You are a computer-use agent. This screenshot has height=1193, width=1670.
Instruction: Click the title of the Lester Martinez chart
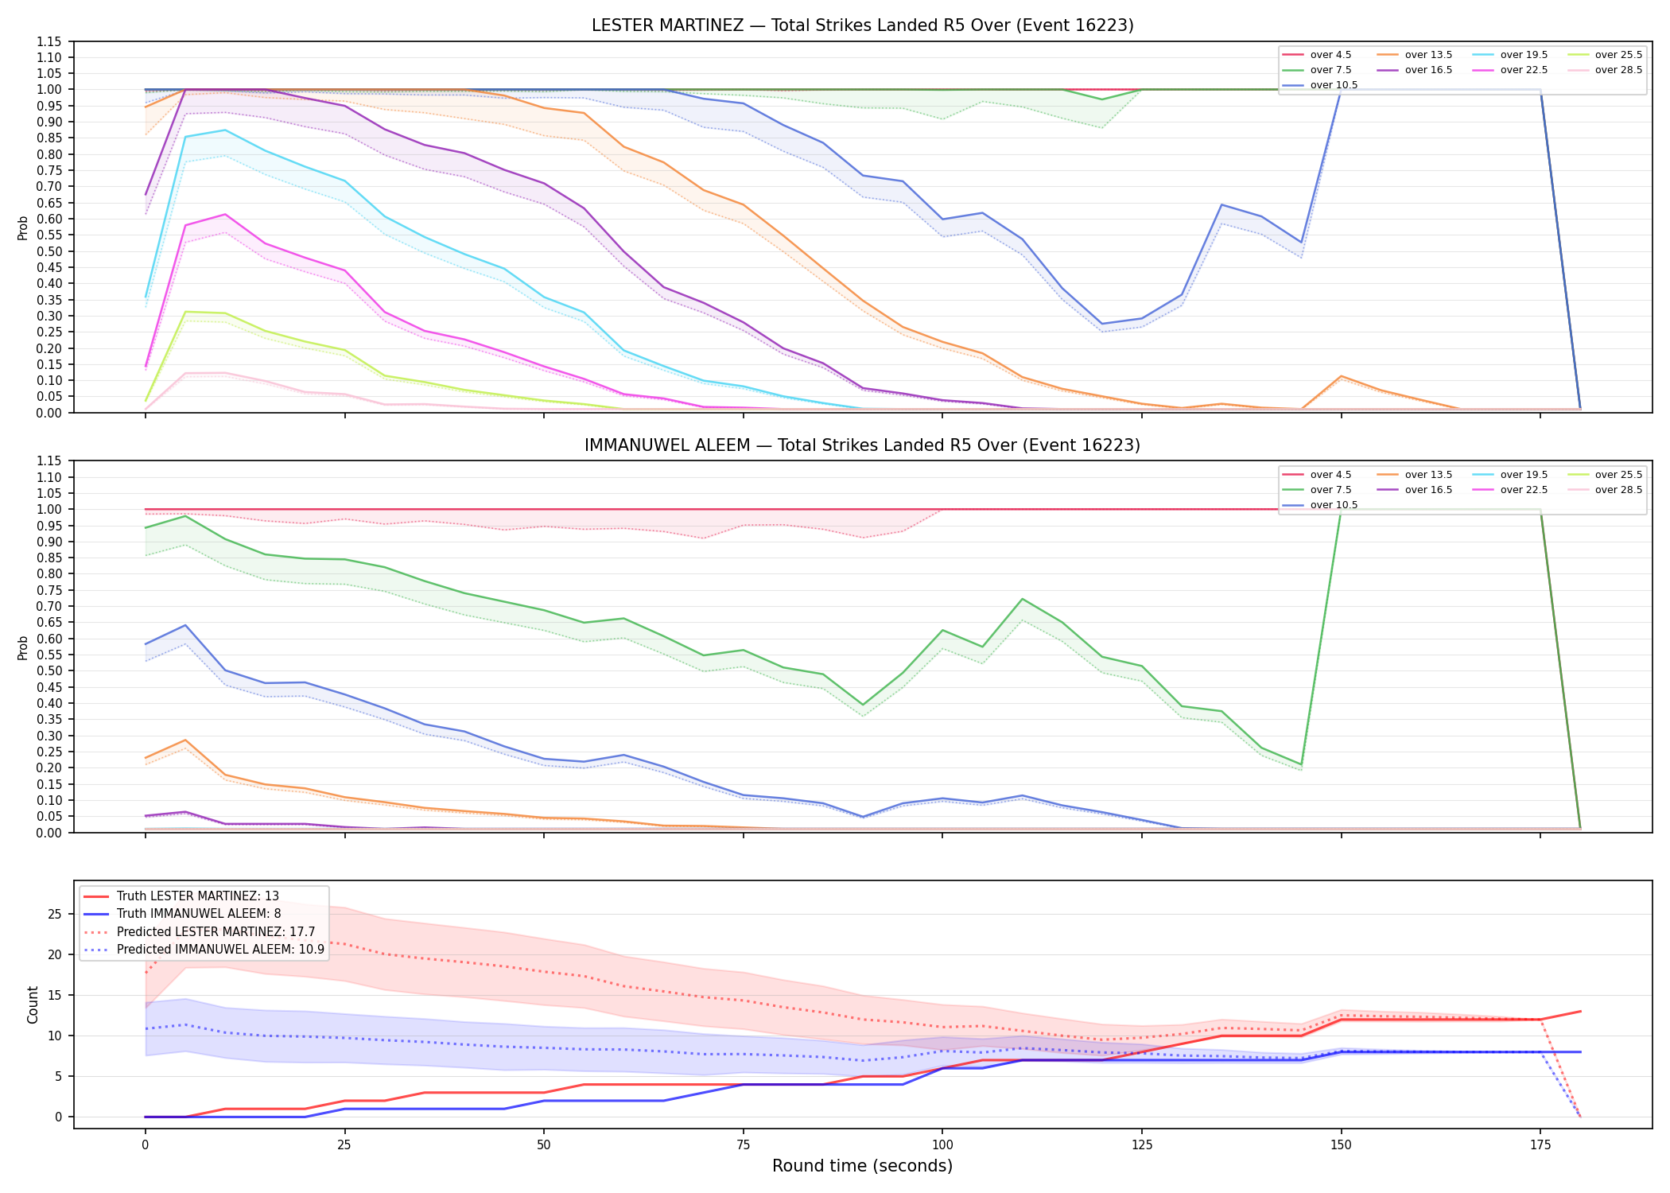coord(862,25)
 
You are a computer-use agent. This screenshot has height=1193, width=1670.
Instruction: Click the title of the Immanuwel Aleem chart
coord(862,445)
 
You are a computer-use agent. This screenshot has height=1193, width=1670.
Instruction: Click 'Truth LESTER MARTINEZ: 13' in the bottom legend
coord(181,896)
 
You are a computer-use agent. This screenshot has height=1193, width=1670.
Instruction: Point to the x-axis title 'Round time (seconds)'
coord(862,1166)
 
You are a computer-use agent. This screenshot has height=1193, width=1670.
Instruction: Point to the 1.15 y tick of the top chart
coord(49,41)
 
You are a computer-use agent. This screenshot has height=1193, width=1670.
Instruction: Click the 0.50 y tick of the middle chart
coord(49,671)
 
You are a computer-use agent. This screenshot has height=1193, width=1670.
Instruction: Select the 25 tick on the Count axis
coord(55,914)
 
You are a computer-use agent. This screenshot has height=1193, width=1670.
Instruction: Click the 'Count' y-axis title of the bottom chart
coord(33,1005)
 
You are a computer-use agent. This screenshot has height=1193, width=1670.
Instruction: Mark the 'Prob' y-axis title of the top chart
coord(23,227)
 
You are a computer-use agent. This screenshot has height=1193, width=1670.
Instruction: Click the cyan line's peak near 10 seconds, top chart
coord(225,130)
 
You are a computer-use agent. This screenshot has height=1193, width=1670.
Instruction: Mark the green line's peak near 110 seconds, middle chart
coord(1023,599)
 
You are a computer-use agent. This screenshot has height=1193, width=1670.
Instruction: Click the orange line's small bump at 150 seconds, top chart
coord(1342,376)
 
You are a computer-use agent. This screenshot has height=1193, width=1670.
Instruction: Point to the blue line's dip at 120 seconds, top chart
coord(1102,324)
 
